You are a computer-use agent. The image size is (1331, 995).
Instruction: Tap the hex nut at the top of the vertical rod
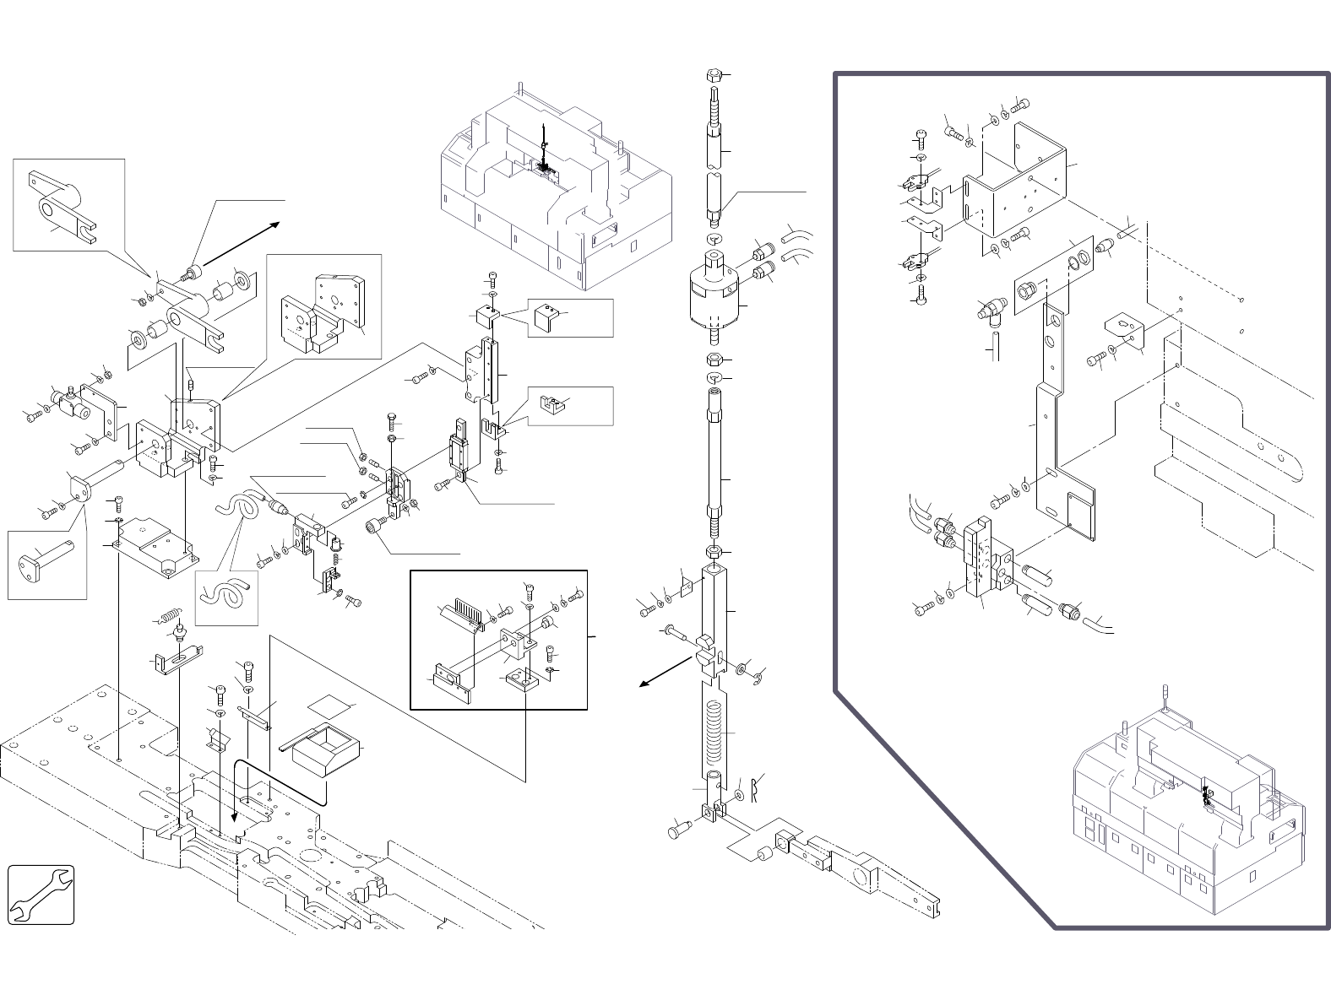tap(712, 76)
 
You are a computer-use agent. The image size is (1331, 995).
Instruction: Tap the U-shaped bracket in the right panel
tap(1018, 181)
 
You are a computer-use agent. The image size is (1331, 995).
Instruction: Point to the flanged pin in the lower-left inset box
tap(47, 560)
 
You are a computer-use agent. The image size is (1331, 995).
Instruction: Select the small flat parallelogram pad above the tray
tap(329, 706)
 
